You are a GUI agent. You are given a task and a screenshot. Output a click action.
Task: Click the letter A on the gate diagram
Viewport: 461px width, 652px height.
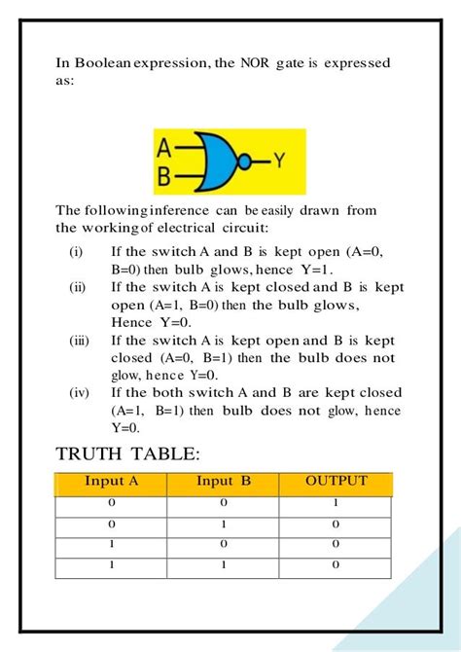tap(164, 149)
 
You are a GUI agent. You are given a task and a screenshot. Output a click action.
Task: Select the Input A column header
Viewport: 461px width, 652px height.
tap(112, 481)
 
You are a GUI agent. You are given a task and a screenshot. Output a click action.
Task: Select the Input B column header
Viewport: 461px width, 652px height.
tap(224, 481)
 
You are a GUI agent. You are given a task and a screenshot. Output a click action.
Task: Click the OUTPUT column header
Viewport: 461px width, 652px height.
tap(336, 481)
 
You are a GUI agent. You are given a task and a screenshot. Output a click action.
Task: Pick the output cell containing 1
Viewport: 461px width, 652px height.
tap(336, 503)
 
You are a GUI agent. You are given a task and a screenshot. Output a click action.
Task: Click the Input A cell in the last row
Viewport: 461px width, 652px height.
tap(112, 564)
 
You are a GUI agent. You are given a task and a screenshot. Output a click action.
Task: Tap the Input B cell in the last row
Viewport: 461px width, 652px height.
tap(224, 564)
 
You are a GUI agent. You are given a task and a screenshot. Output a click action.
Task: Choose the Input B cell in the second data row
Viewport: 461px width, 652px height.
tap(224, 524)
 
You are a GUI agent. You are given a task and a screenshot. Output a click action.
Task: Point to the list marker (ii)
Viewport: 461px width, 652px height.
tap(78, 288)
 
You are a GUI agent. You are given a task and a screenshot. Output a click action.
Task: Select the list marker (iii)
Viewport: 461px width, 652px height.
tap(80, 341)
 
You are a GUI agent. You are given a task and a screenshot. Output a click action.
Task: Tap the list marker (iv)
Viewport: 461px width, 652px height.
tap(80, 393)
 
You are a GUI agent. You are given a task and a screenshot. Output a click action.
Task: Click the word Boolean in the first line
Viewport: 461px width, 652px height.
tap(107, 63)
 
